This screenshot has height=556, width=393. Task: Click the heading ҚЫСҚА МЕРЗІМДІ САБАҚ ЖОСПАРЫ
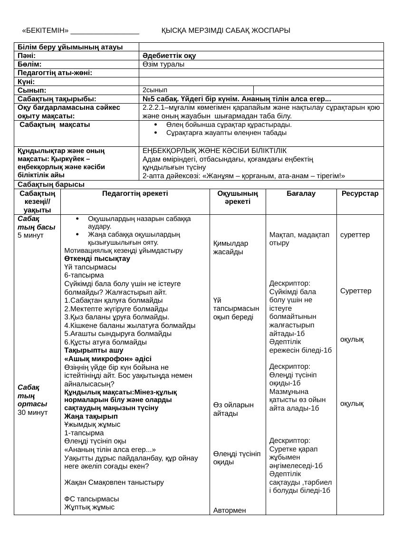(x=226, y=30)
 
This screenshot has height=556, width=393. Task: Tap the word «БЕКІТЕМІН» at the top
(x=45, y=30)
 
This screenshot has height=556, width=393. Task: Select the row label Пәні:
(x=30, y=56)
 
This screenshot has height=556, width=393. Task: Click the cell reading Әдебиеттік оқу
(x=169, y=56)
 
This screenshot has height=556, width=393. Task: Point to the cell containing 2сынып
(x=154, y=89)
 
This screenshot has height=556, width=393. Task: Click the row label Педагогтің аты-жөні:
(x=55, y=73)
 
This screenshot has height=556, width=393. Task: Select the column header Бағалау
(x=301, y=194)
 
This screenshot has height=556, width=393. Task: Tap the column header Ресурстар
(x=360, y=194)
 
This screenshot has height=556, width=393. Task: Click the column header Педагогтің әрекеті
(x=135, y=194)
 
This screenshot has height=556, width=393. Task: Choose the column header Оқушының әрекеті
(x=238, y=198)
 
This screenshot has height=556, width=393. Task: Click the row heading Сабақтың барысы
(x=51, y=184)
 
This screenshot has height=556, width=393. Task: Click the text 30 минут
(x=32, y=412)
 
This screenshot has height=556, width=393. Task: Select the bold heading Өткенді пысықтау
(x=97, y=259)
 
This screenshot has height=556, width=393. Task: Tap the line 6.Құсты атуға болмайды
(x=105, y=342)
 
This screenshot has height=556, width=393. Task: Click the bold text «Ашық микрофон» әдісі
(x=108, y=358)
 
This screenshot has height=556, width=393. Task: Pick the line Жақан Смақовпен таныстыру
(x=114, y=482)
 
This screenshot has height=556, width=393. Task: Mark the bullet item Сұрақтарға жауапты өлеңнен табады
(x=226, y=133)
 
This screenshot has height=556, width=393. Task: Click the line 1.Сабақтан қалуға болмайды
(x=114, y=300)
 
